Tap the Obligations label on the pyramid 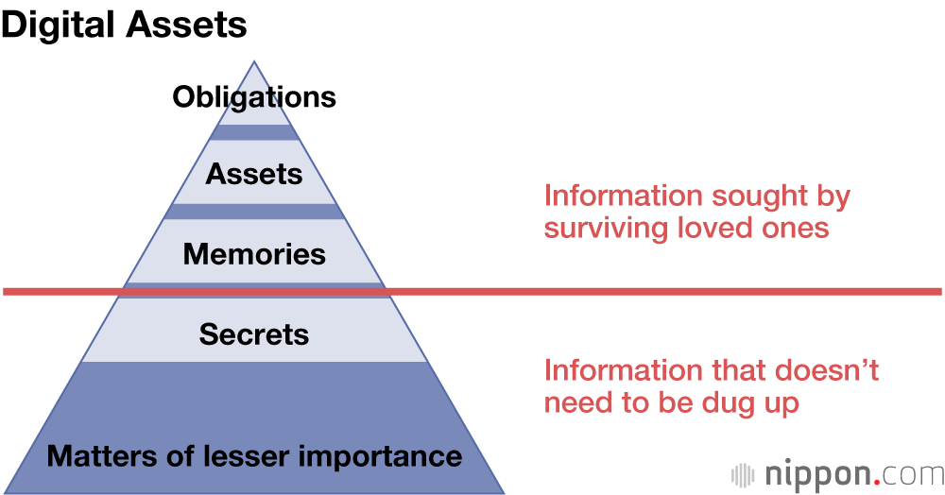pyautogui.click(x=254, y=96)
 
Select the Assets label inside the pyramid pyautogui.click(x=254, y=174)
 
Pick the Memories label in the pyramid pyautogui.click(x=254, y=254)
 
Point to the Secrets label pyautogui.click(x=254, y=333)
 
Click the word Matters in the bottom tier pyautogui.click(x=100, y=456)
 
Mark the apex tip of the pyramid pyautogui.click(x=254, y=63)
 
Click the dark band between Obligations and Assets pyautogui.click(x=254, y=132)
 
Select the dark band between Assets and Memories pyautogui.click(x=254, y=212)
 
